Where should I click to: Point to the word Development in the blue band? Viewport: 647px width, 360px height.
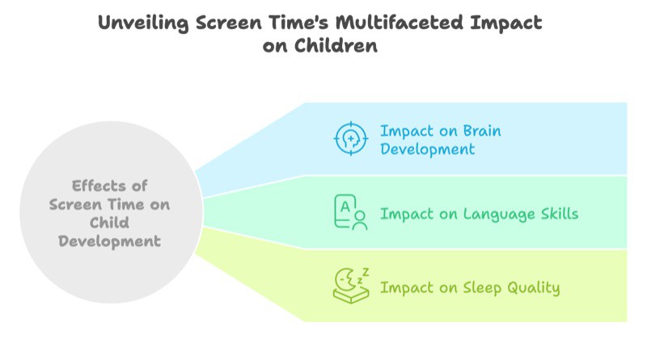427,149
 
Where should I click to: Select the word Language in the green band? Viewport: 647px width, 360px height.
483,214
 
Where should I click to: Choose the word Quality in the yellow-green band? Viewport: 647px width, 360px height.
530,287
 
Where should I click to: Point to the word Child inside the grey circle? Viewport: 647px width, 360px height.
109,222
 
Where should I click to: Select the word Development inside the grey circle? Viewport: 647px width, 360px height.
109,241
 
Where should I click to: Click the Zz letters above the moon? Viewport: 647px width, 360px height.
363,273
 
